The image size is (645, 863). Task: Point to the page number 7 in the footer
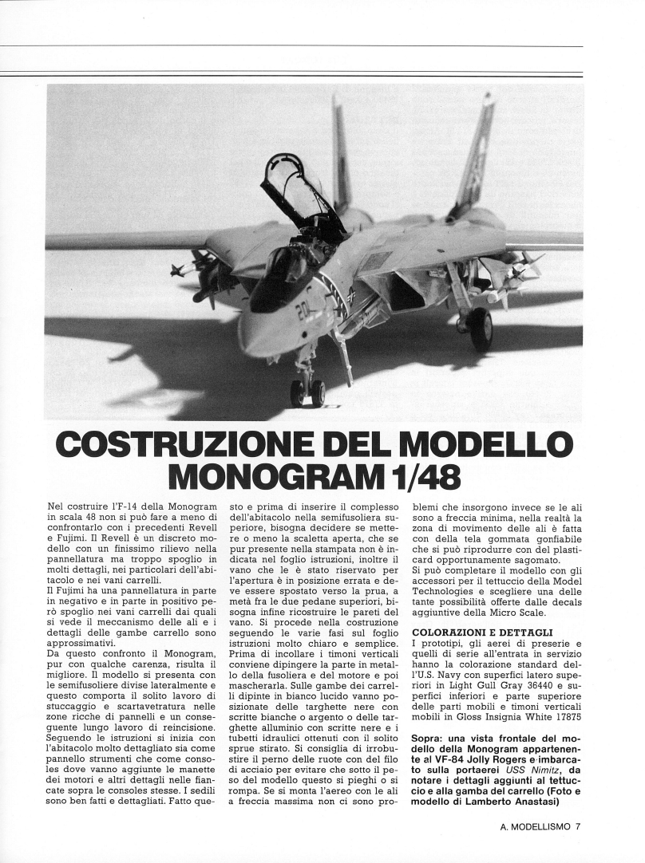click(577, 826)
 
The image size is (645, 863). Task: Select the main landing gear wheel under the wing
click(481, 328)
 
